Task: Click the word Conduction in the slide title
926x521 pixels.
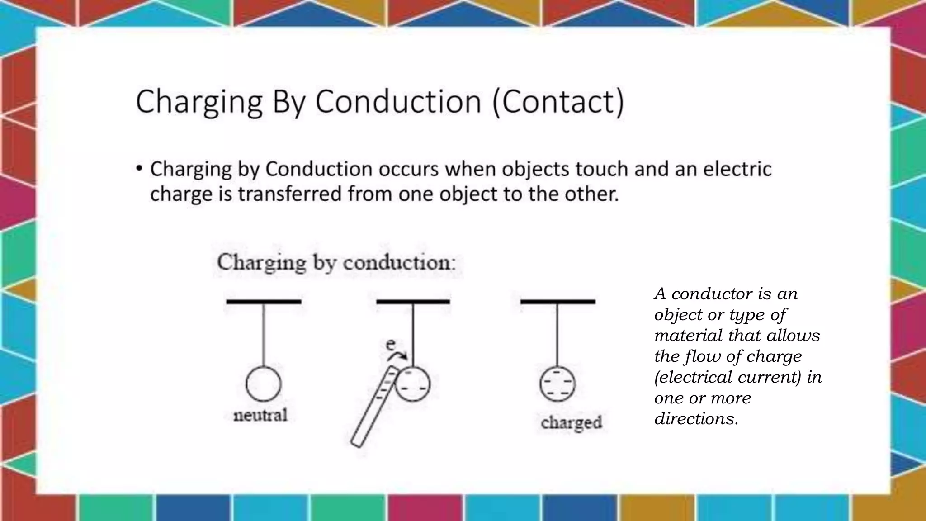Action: (398, 102)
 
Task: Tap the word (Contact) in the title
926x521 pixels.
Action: (558, 102)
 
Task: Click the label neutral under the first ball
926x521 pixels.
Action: (260, 415)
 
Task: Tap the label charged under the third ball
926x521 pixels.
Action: (572, 423)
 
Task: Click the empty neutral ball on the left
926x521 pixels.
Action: (264, 384)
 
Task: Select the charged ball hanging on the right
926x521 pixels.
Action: (557, 384)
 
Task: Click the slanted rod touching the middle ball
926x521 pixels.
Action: (373, 407)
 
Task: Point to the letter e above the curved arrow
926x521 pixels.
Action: (391, 345)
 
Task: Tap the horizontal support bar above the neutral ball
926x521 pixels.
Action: (264, 301)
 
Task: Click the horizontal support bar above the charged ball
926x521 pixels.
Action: (557, 301)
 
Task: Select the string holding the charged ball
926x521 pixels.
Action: (557, 335)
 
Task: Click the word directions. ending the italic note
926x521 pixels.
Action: (696, 419)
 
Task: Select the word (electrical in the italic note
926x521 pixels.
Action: (692, 377)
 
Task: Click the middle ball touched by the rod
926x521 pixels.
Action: (412, 384)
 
